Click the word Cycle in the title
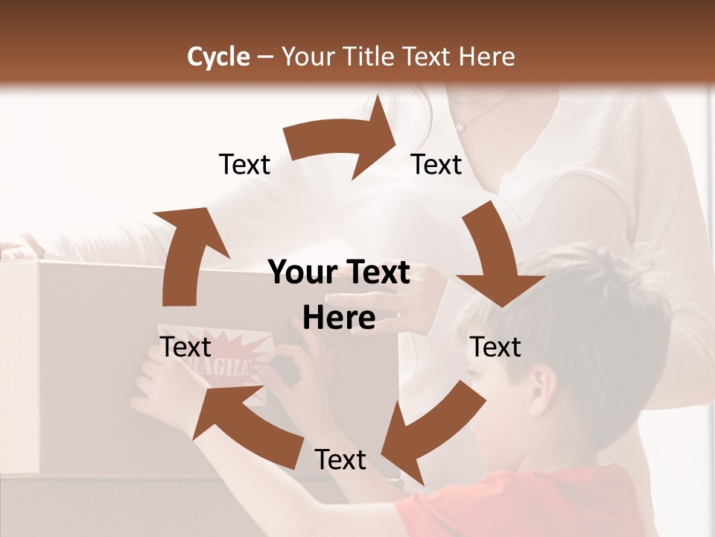pyautogui.click(x=218, y=57)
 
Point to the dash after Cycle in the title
pyautogui.click(x=264, y=57)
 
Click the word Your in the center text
pyautogui.click(x=301, y=273)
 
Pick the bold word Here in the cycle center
pyautogui.click(x=339, y=318)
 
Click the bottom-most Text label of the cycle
pyautogui.click(x=340, y=460)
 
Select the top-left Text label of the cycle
pyautogui.click(x=244, y=165)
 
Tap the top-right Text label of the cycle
pyautogui.click(x=436, y=165)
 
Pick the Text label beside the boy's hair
pyautogui.click(x=495, y=347)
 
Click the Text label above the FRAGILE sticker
pyautogui.click(x=185, y=347)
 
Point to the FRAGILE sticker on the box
pyautogui.click(x=223, y=365)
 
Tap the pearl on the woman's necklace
pyautogui.click(x=460, y=128)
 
